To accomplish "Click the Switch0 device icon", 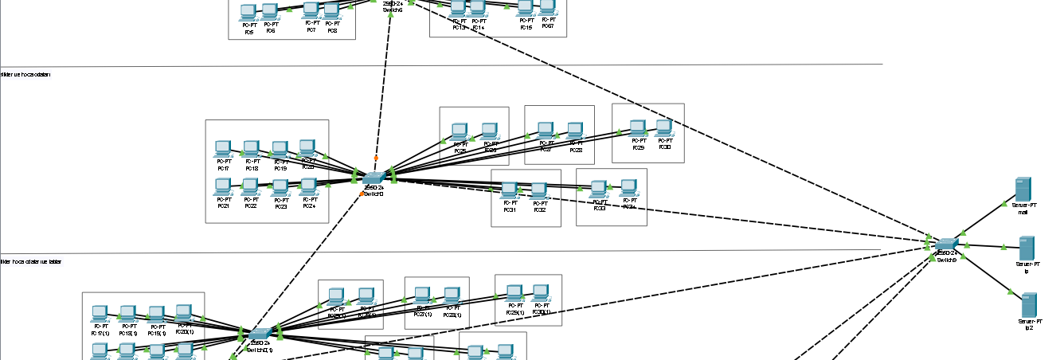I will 374,177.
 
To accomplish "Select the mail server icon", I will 1023,190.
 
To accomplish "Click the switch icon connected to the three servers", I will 946,244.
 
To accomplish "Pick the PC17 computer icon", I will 223,148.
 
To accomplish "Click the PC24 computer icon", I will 308,186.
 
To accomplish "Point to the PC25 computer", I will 459,131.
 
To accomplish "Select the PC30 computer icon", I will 664,127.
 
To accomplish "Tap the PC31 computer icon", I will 510,190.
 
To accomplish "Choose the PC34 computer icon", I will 628,187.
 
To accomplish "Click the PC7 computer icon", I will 311,9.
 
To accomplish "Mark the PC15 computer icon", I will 525,8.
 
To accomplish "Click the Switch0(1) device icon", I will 260,335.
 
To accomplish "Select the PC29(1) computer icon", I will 514,292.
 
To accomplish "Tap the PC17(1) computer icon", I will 100,312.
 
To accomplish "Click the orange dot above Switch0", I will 376,158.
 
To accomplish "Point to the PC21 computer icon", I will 223,186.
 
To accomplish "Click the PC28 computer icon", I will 575,129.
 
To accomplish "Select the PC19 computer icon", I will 280,149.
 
